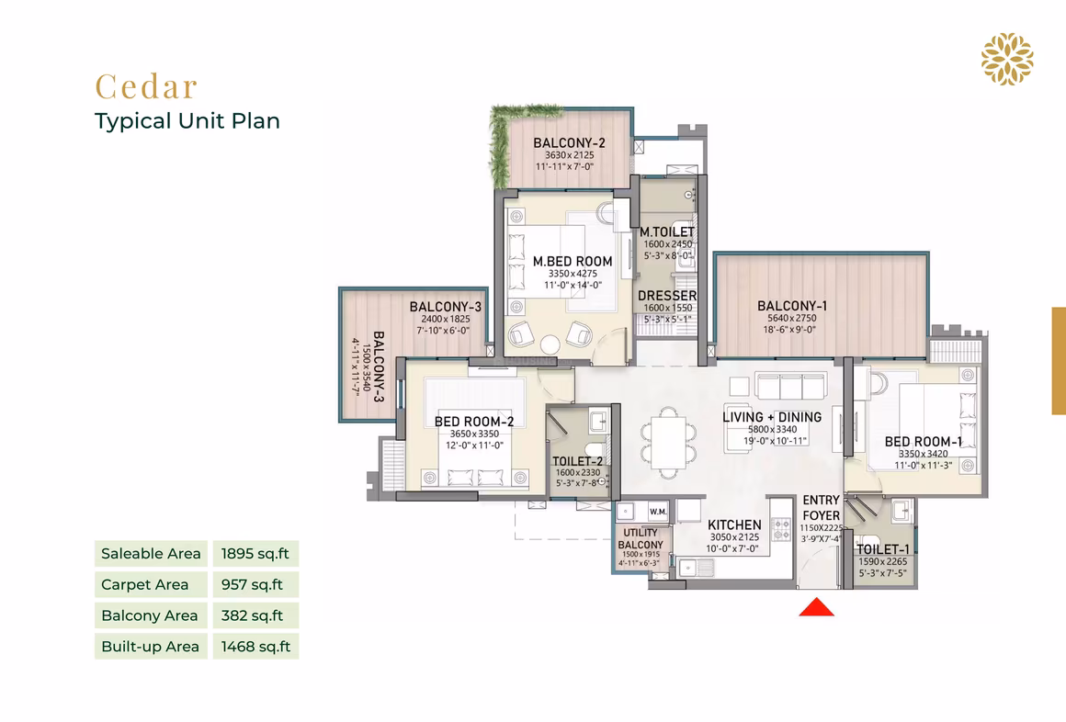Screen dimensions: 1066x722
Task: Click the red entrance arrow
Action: [816, 607]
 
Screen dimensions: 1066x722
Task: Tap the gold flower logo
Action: [1007, 59]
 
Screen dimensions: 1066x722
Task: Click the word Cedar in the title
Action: [146, 86]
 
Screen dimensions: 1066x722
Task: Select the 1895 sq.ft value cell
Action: [255, 553]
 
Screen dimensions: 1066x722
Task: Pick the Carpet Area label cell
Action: [151, 584]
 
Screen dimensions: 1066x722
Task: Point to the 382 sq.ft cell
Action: [255, 615]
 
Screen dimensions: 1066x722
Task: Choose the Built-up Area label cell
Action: [151, 647]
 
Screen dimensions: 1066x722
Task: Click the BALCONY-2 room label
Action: [569, 143]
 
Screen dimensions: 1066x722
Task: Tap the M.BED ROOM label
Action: [573, 262]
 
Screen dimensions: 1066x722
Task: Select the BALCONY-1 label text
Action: [792, 306]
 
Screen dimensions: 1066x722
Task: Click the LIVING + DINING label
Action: [772, 417]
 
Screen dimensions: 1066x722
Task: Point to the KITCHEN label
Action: [734, 525]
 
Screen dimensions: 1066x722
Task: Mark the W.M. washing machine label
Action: [657, 512]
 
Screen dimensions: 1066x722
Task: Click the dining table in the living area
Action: [668, 443]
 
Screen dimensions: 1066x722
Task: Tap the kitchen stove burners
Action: [781, 529]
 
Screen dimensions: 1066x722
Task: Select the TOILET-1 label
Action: [882, 549]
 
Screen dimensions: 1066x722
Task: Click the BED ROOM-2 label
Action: [474, 422]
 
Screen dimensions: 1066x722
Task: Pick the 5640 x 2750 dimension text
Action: [792, 318]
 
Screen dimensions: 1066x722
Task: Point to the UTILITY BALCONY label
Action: [640, 538]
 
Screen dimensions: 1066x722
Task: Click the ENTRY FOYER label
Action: [822, 508]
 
